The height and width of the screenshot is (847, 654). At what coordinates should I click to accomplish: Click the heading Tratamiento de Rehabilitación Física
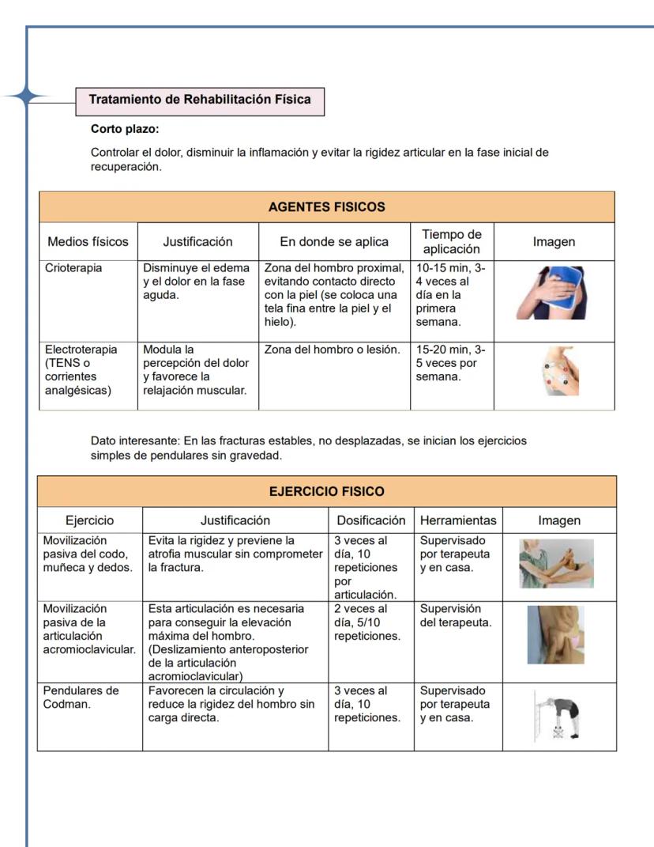(199, 100)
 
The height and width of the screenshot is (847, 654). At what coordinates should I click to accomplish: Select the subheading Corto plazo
(126, 129)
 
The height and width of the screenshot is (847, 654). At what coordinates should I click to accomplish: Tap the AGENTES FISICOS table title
(326, 207)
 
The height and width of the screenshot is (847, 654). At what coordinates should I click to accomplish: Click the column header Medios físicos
(88, 242)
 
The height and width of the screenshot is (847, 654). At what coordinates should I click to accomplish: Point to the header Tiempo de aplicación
(451, 242)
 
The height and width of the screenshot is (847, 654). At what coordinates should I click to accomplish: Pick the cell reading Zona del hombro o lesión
(333, 350)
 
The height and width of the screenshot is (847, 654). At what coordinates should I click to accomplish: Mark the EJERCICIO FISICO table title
(326, 491)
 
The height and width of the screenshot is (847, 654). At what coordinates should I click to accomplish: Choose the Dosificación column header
(370, 520)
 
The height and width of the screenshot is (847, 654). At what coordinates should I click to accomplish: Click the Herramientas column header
(458, 520)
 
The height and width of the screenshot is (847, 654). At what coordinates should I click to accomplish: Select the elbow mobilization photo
(556, 563)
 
